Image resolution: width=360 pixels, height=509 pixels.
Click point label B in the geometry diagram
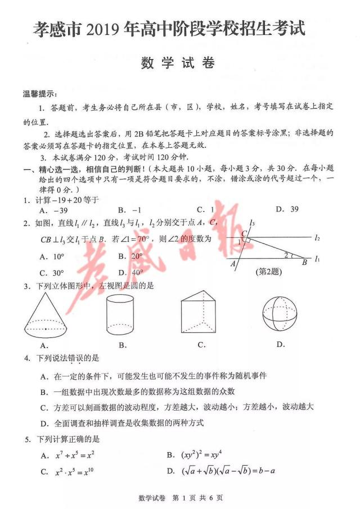coord(304,262)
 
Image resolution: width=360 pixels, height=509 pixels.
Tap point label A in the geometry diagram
coord(233,263)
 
